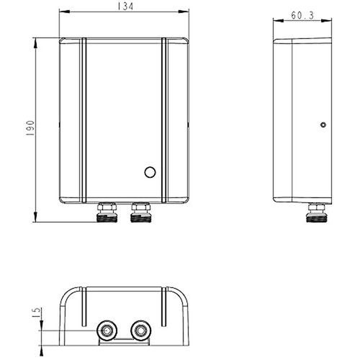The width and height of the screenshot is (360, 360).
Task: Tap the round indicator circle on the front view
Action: [x=150, y=173]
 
